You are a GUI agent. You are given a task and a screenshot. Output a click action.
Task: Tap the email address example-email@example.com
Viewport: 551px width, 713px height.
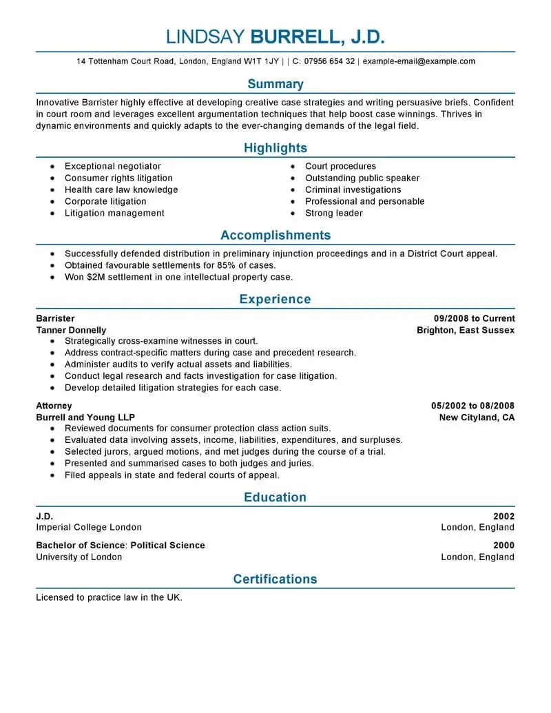point(419,61)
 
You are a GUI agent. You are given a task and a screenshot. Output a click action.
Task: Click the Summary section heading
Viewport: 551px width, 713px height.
point(275,84)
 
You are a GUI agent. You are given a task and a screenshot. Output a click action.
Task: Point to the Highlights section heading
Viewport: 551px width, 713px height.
point(275,148)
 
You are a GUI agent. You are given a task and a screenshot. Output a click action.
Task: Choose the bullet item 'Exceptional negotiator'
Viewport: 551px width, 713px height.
point(113,166)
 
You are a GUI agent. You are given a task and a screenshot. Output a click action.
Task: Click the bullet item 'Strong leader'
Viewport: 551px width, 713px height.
point(334,213)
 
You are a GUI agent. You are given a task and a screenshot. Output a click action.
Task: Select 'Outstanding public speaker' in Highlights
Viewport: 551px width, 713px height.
point(362,178)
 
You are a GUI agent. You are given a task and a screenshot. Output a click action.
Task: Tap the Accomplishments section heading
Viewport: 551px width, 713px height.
point(275,235)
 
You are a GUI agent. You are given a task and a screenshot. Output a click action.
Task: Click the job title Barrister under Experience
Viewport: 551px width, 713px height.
point(56,318)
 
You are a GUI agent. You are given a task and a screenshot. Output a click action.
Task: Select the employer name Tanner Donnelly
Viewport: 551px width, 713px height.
point(71,330)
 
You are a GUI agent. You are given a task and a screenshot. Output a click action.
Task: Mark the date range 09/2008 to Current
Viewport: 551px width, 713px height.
point(474,318)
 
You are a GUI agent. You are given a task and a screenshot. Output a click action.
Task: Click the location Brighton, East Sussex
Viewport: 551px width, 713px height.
point(466,330)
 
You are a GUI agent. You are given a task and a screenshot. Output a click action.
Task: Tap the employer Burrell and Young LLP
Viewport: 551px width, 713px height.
point(85,417)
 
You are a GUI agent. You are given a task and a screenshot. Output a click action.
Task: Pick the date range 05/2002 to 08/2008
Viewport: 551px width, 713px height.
point(472,406)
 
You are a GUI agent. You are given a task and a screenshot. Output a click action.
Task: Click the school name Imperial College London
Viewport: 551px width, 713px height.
point(89,527)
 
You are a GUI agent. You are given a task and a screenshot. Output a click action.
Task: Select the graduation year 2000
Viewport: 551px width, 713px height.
point(503,545)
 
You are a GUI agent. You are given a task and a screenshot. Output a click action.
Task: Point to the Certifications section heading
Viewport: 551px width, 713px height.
point(275,579)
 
